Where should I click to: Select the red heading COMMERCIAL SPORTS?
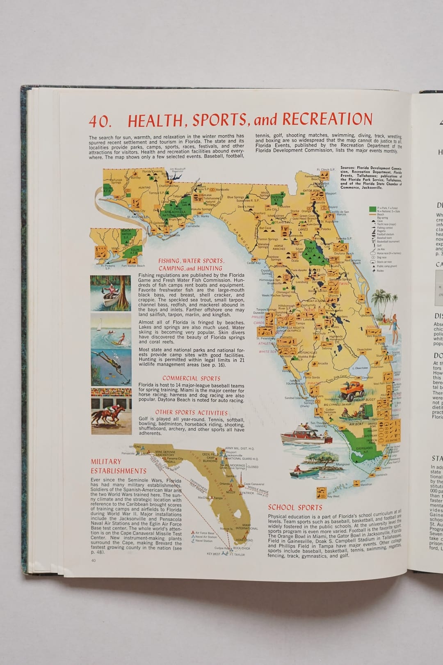[191, 378]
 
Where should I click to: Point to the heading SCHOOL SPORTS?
[295, 507]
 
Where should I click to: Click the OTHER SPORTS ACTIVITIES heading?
[191, 413]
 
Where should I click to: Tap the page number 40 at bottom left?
[94, 561]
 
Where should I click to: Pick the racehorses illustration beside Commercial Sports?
[111, 412]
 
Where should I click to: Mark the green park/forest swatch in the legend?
[372, 209]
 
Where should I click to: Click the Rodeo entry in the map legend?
[381, 271]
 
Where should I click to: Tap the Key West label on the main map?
[333, 496]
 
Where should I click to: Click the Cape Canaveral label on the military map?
[253, 484]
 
